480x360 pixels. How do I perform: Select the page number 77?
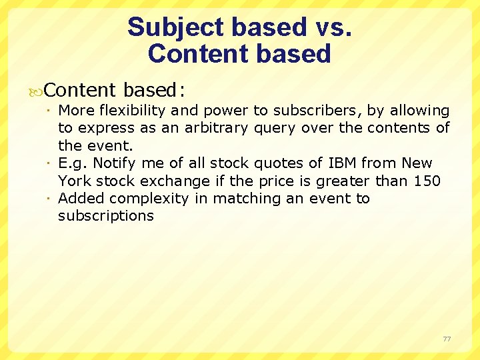coord(447,339)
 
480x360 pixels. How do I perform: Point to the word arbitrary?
coord(217,128)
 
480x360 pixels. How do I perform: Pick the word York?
coord(75,181)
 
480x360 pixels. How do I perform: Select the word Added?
coord(81,198)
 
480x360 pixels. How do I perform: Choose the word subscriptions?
coord(106,215)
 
